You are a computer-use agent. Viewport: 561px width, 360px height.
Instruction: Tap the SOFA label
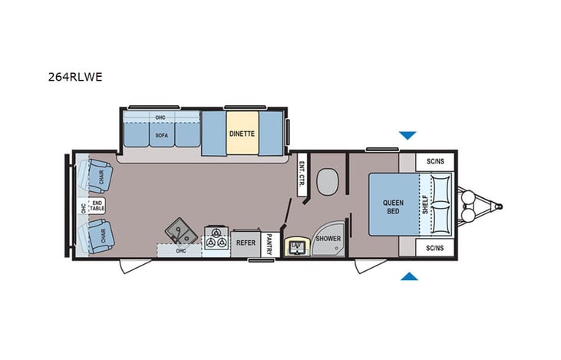click(x=161, y=135)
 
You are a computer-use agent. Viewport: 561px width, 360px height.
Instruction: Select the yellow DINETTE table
click(x=242, y=134)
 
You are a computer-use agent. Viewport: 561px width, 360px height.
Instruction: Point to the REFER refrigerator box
click(x=246, y=243)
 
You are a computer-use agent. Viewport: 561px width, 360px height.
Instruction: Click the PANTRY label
click(x=269, y=244)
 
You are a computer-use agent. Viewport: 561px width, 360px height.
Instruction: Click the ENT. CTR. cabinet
click(x=301, y=180)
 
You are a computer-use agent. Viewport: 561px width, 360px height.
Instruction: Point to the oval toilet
click(x=326, y=183)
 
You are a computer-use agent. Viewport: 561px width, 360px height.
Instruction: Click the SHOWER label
click(x=328, y=239)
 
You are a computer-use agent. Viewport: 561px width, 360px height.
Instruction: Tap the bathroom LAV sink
click(x=294, y=246)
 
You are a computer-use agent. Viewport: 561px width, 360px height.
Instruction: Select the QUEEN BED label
click(x=392, y=206)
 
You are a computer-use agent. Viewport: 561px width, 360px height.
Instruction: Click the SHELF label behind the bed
click(x=425, y=205)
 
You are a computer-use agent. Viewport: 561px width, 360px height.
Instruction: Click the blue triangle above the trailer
click(x=407, y=135)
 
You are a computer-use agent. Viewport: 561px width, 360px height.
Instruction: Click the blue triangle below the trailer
click(x=409, y=276)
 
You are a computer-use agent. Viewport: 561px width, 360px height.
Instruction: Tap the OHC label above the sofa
click(x=160, y=117)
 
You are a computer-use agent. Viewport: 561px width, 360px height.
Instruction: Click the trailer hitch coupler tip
click(x=501, y=205)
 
